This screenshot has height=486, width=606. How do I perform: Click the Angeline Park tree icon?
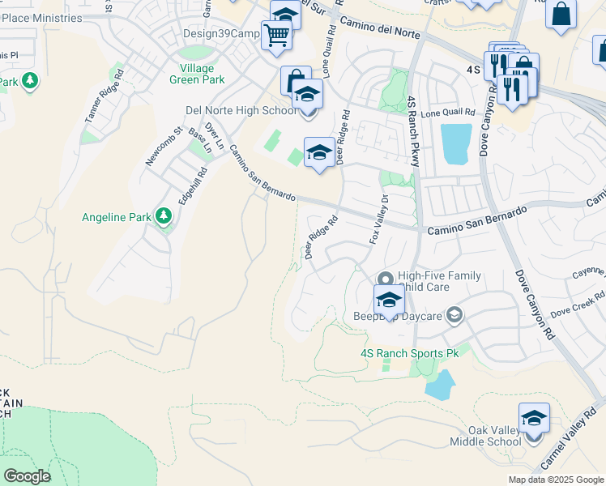(164, 216)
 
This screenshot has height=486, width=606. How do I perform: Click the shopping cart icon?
(276, 35)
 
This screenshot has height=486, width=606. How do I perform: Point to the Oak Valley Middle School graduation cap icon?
(534, 417)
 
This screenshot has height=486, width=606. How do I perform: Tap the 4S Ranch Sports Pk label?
(409, 353)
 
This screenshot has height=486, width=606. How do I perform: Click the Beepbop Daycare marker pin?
(455, 315)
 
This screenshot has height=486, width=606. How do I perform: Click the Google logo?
(27, 475)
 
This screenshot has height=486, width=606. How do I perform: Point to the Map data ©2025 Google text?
(556, 480)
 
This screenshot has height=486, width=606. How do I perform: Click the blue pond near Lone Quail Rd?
(455, 144)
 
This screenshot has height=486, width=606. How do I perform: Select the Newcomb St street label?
(160, 147)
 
